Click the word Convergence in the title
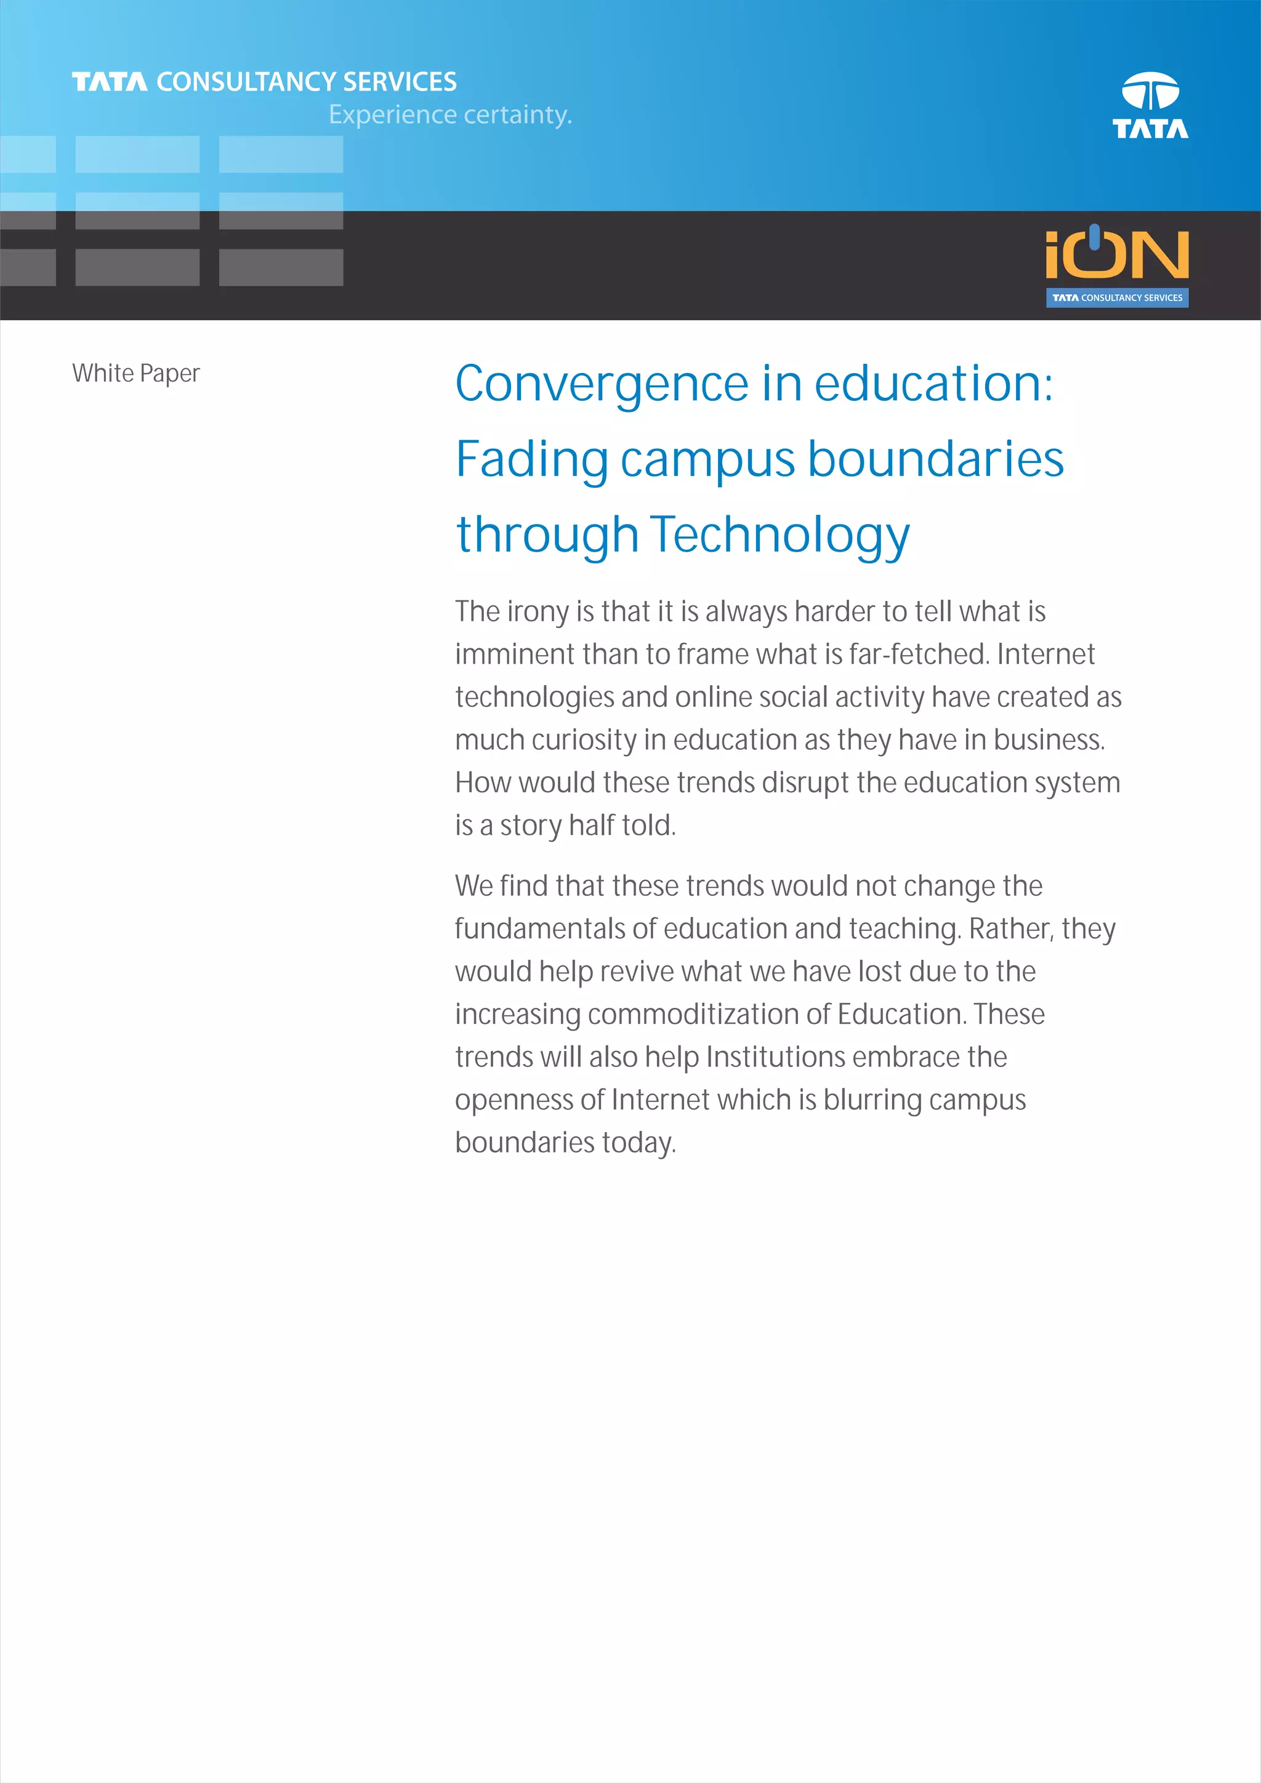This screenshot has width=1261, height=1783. pyautogui.click(x=602, y=384)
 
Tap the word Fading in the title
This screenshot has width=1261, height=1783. pyautogui.click(x=531, y=460)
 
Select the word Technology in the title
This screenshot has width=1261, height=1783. pyautogui.click(x=780, y=535)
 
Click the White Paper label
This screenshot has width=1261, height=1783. pyautogui.click(x=136, y=374)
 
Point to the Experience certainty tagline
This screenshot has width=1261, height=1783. pyautogui.click(x=449, y=115)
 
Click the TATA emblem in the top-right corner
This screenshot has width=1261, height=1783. pyautogui.click(x=1150, y=105)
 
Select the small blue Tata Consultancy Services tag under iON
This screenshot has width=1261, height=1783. pyautogui.click(x=1116, y=298)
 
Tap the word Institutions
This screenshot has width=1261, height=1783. pyautogui.click(x=775, y=1057)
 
